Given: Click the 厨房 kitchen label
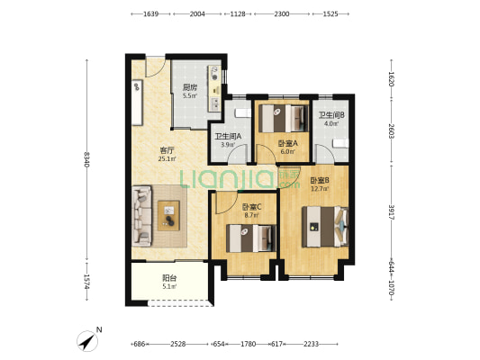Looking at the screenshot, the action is (190, 87).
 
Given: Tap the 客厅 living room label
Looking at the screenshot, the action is (168, 151).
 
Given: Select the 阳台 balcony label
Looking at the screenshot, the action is (169, 278).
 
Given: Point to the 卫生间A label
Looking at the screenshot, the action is (228, 137).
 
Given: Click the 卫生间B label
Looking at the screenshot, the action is (331, 115).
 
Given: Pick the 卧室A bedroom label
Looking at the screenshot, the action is (288, 143).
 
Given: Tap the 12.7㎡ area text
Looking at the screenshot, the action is (320, 189).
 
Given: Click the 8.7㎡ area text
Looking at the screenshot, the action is (251, 215).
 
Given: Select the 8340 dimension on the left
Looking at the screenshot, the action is (86, 159).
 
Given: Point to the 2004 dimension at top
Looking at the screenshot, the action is (197, 13).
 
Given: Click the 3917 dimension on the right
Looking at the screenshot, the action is (392, 212).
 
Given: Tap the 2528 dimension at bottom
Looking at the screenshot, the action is (178, 344).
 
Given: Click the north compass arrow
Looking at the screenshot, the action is (87, 341).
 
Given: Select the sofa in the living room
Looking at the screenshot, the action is (141, 216).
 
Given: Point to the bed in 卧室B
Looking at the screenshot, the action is (325, 227).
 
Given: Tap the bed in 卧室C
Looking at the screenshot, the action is (251, 238).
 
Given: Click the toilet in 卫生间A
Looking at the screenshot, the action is (243, 113).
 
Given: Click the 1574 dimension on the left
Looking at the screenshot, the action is (86, 282).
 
